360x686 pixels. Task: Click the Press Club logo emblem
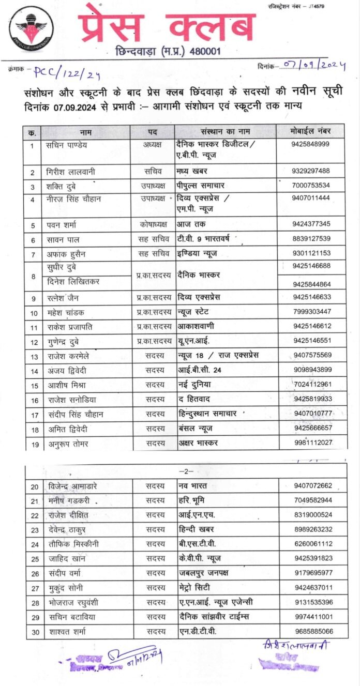(27, 28)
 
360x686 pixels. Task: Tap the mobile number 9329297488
(310, 171)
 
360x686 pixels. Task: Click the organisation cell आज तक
(191, 224)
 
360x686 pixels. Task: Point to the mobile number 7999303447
(310, 312)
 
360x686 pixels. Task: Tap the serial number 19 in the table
(33, 443)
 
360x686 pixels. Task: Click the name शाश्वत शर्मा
(66, 631)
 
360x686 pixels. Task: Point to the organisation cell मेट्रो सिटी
(193, 587)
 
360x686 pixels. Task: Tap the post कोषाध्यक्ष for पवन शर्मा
(152, 224)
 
